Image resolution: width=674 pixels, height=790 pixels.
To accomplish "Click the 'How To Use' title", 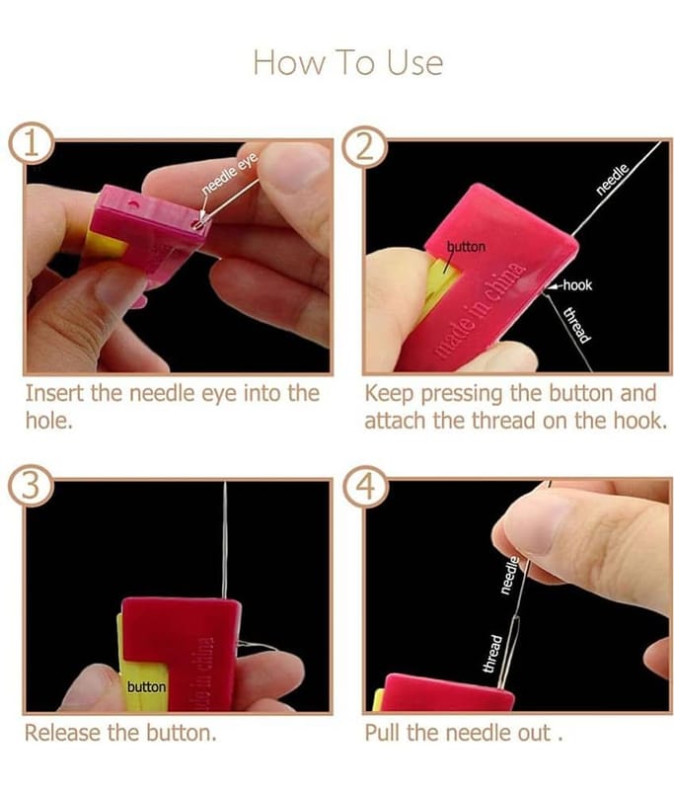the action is click(347, 62).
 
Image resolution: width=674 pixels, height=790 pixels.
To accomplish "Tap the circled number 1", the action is click(31, 142).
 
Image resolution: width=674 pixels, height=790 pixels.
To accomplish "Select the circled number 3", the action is click(31, 486).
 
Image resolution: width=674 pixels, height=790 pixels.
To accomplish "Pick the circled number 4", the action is click(365, 487).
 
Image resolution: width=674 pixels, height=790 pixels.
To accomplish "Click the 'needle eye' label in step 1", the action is click(230, 173).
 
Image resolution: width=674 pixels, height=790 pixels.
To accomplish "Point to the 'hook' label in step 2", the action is click(577, 285).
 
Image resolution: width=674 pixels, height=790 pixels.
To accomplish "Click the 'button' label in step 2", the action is click(467, 246).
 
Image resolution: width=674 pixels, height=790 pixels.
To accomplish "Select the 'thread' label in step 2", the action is click(577, 325).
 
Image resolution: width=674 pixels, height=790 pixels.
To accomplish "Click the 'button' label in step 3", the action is click(146, 686).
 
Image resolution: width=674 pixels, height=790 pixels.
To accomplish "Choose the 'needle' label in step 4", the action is click(509, 575).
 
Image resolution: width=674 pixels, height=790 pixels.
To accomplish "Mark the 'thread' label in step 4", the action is click(492, 654).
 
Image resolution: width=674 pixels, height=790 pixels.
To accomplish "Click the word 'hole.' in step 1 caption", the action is click(49, 421).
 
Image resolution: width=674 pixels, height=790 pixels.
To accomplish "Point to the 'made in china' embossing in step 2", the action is click(480, 309).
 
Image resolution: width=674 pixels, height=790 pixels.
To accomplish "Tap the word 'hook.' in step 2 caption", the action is click(640, 421).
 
